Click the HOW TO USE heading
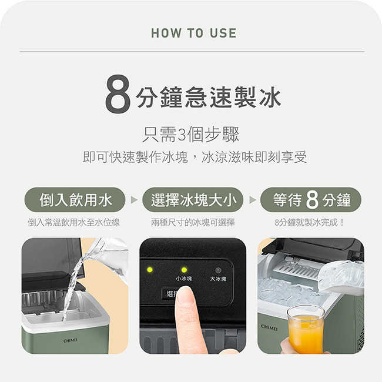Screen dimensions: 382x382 193,33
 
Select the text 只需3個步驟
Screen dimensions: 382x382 191,135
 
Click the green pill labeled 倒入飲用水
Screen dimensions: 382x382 75,200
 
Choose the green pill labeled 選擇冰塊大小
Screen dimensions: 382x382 193,200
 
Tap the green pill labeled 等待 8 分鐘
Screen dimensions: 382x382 311,200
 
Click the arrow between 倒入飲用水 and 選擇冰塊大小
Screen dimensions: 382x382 134,200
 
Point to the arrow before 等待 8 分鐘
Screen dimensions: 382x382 253,200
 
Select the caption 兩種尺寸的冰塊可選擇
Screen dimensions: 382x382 193,222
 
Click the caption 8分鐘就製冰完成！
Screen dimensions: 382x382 310,222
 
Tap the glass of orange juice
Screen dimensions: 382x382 306,330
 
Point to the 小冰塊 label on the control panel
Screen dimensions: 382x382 183,279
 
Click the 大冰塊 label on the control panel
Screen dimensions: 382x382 217,279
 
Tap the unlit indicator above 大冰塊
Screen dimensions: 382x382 218,270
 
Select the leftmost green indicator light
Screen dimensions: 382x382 150,270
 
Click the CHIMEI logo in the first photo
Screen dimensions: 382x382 71,340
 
